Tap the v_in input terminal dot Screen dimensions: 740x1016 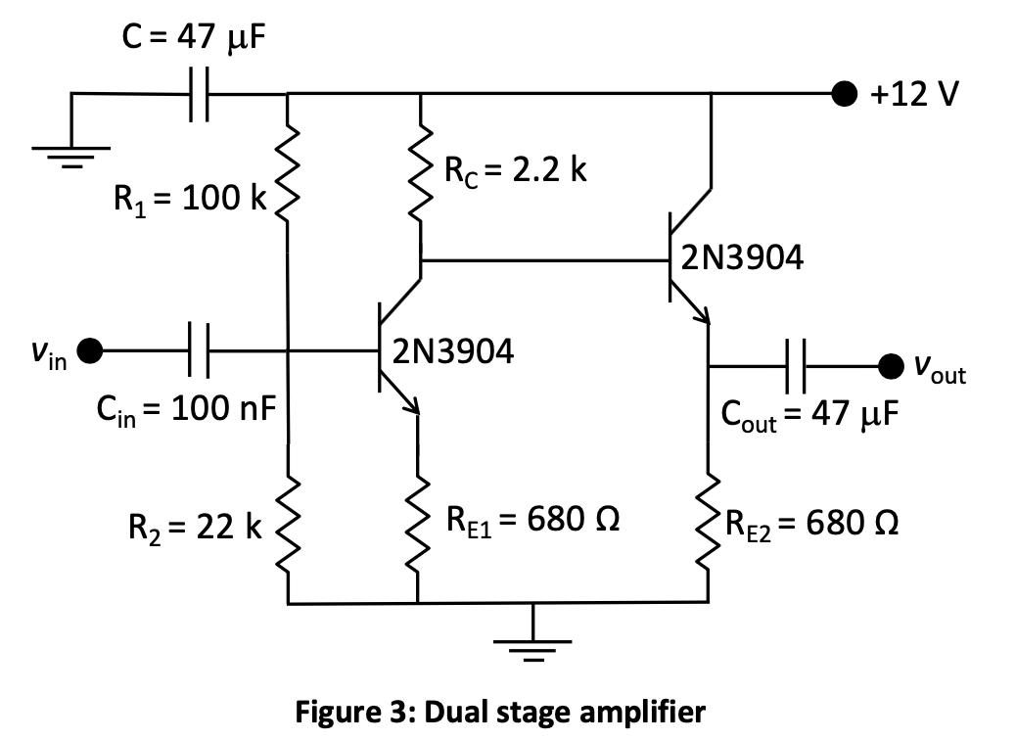click(90, 348)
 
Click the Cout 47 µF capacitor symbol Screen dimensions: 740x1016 click(797, 365)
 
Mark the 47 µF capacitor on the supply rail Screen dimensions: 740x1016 click(198, 95)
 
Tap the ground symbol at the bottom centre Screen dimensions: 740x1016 click(533, 646)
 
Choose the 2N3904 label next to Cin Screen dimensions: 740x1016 click(453, 351)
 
